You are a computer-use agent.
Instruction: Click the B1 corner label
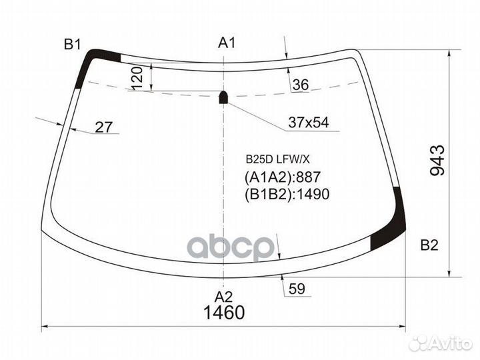tap(72, 45)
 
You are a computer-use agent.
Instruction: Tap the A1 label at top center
tap(227, 43)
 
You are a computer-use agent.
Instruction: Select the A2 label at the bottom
tap(224, 297)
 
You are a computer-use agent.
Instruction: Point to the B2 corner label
tap(429, 245)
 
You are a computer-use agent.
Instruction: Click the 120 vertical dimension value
tap(138, 78)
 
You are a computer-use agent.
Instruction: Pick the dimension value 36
tap(301, 85)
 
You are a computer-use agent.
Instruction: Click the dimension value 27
tap(103, 127)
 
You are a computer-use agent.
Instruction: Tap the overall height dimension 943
tap(437, 161)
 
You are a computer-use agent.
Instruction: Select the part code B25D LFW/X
tap(277, 159)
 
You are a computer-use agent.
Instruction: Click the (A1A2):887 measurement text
tap(283, 177)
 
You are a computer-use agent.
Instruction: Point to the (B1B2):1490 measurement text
tap(288, 193)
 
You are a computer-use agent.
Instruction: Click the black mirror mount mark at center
tap(224, 98)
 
